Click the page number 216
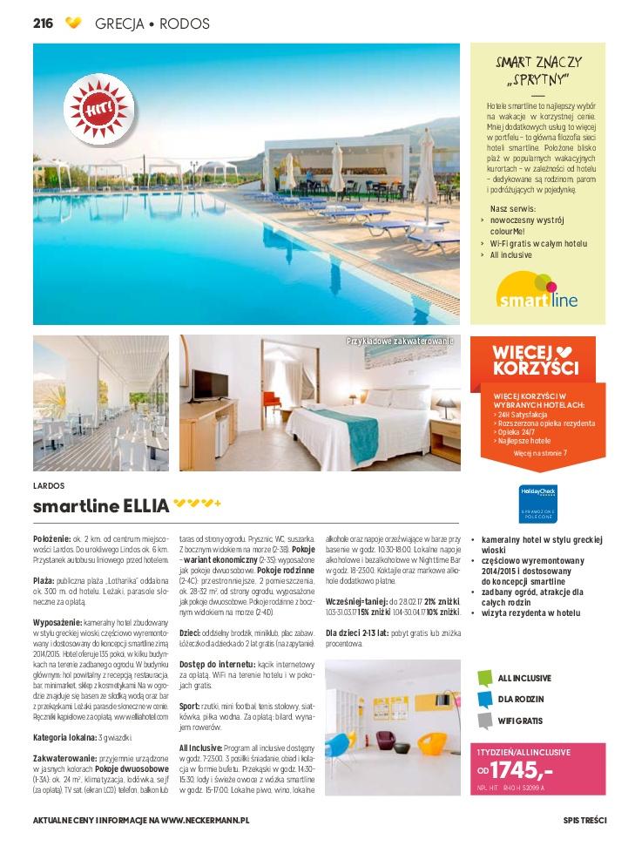point(43,24)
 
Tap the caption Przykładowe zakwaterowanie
point(401,341)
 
